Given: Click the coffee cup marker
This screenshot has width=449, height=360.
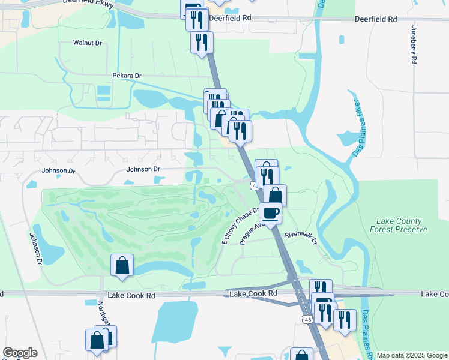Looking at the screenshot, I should point(270,212).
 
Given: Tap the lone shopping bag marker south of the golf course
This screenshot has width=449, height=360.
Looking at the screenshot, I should point(122,265).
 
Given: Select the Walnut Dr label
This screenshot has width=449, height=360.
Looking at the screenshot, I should point(88,43).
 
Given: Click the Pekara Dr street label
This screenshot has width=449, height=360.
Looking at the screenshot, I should point(126,76).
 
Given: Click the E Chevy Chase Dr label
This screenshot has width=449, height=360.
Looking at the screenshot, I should point(240,226).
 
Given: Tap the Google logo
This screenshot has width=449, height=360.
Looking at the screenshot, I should point(20,353).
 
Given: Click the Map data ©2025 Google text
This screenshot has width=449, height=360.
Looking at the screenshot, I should point(412,356).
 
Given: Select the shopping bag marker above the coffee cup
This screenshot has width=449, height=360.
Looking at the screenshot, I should point(275,194).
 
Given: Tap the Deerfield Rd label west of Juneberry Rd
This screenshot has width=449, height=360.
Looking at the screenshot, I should point(376,19).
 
